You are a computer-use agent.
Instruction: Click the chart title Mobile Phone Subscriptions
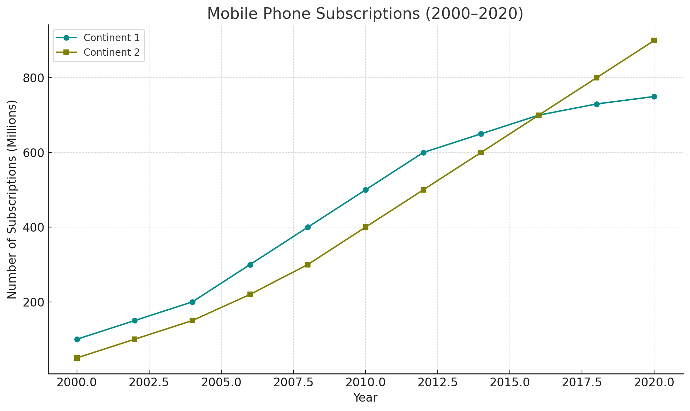coord(365,14)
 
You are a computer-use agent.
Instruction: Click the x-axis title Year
coord(365,398)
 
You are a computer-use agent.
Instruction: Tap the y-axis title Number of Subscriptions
coord(12,199)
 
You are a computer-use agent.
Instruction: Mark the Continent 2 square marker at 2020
coord(654,40)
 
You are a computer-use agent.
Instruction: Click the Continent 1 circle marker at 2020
coord(654,96)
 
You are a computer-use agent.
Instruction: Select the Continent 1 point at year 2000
coord(77,339)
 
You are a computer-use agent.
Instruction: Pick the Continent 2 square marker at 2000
coord(77,358)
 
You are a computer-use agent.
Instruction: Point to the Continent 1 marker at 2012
coord(423,153)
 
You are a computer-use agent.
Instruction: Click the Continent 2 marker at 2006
coord(250,294)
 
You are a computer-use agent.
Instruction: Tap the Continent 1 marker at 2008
coord(308,227)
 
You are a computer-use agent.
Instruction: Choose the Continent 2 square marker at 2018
coord(596,78)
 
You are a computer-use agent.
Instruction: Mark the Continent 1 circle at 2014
coord(481,134)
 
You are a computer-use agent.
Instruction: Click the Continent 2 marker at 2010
coord(365,227)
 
